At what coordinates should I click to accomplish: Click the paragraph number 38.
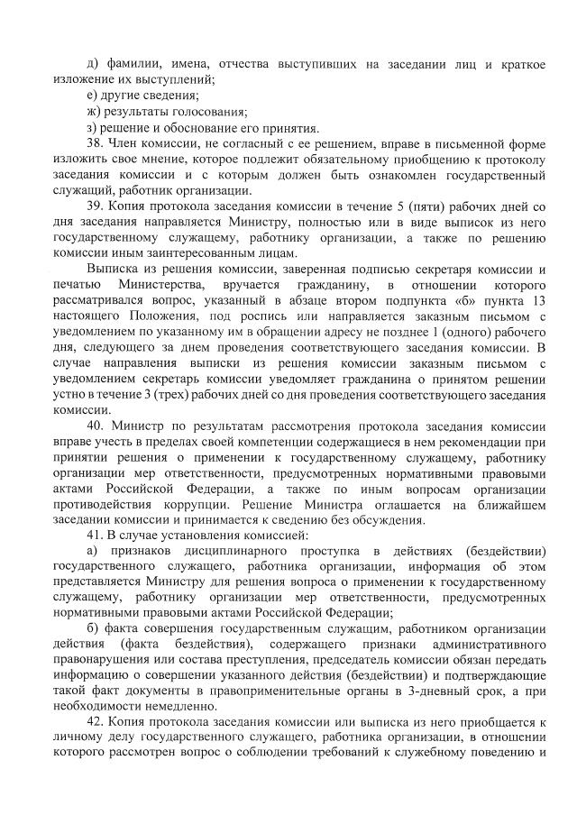(95, 143)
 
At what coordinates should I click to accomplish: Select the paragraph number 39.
(95, 206)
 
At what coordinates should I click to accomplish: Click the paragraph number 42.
(95, 723)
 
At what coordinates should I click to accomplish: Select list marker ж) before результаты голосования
(93, 112)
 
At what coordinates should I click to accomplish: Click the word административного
(489, 645)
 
